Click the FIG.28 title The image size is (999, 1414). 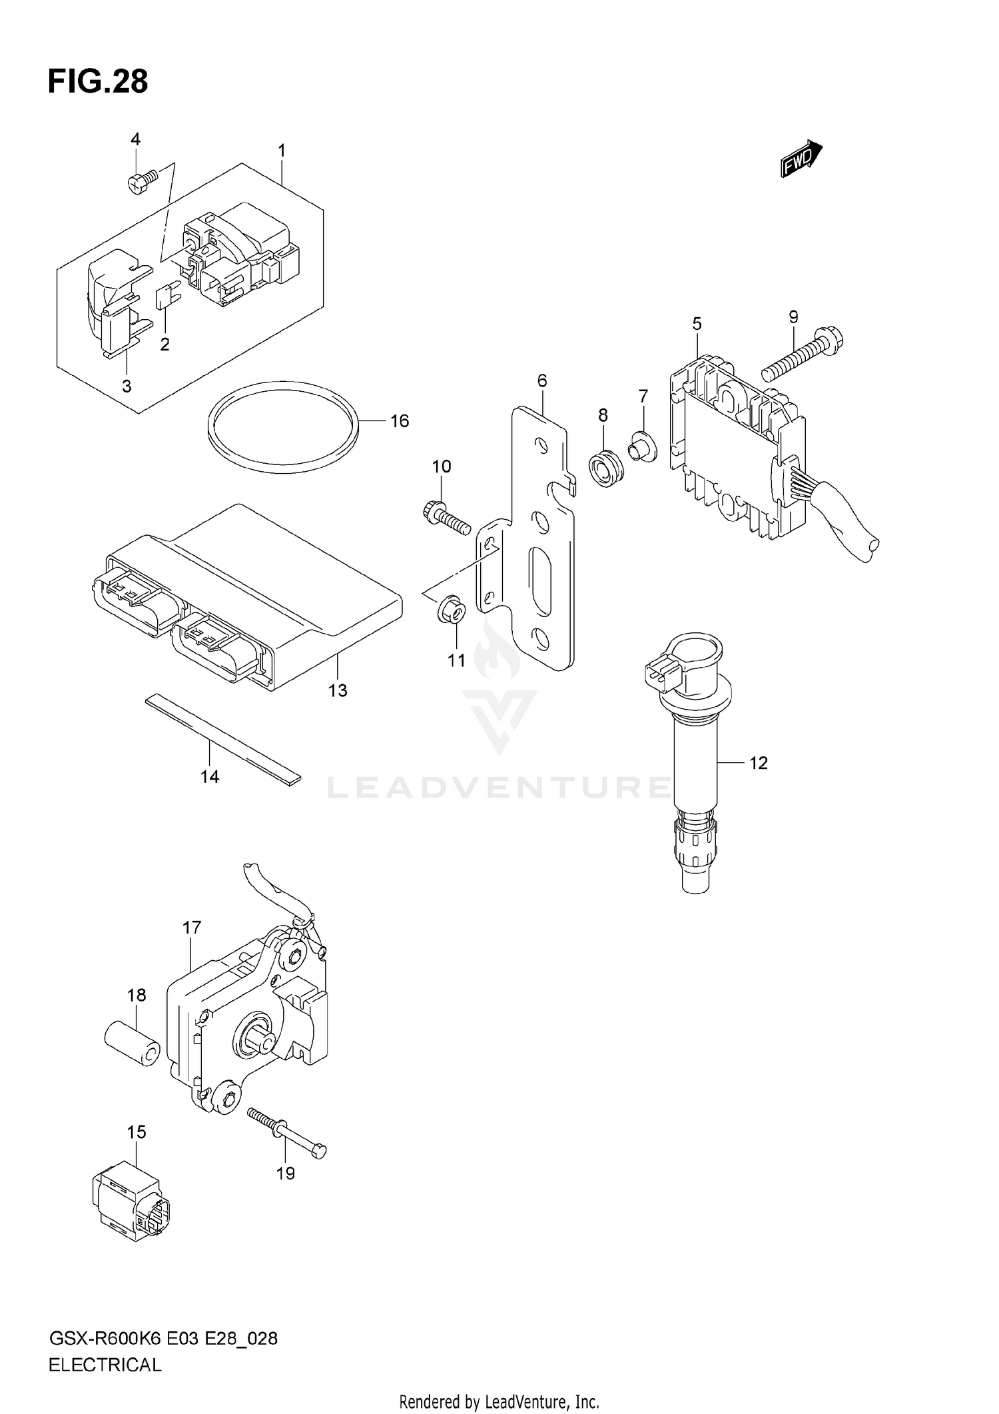point(98,82)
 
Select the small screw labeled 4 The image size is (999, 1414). point(141,180)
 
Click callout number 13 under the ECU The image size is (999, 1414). point(338,690)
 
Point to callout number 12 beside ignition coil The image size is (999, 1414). point(758,763)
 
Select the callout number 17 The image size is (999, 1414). point(191,928)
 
